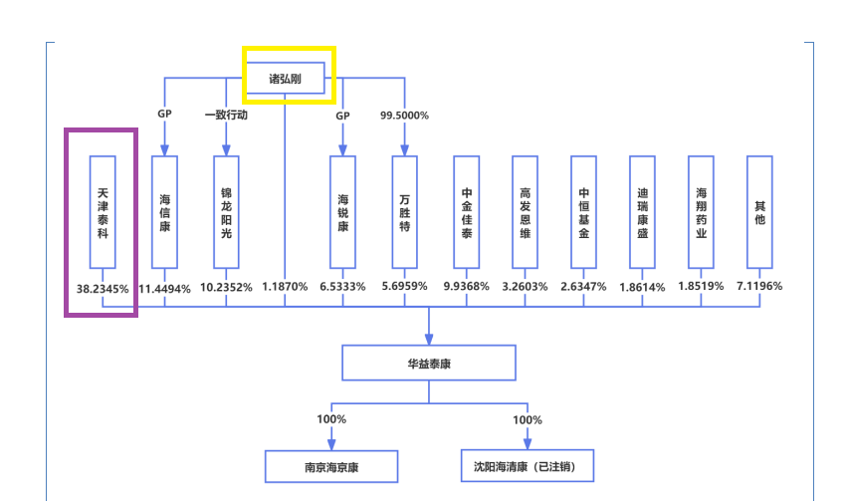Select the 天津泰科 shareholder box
tap(103, 211)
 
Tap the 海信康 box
tap(165, 211)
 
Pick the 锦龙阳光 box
tap(227, 211)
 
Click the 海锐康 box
tap(343, 211)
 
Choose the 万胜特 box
tap(404, 211)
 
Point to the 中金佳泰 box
tap(467, 211)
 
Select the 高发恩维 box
tap(526, 211)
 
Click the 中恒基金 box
tap(584, 211)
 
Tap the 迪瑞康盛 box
tap(643, 211)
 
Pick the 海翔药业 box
tap(702, 211)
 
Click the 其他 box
tap(760, 211)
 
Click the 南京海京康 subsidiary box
tap(331, 465)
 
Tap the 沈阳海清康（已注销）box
tap(528, 465)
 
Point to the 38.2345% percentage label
tap(103, 287)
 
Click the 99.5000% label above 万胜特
tap(404, 116)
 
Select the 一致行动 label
tap(226, 116)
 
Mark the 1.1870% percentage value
tap(285, 287)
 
